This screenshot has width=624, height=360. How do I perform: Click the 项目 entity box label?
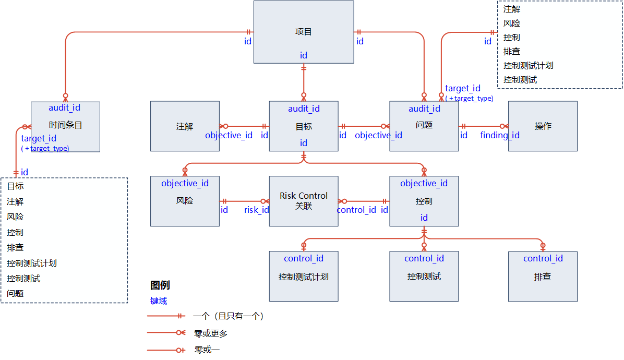pyautogui.click(x=303, y=32)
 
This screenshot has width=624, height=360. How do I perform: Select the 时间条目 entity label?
pyautogui.click(x=65, y=125)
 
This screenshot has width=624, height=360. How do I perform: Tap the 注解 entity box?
pyautogui.click(x=185, y=126)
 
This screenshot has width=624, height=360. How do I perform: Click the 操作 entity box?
pyautogui.click(x=543, y=126)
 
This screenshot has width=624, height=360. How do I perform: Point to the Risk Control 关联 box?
pyautogui.click(x=304, y=201)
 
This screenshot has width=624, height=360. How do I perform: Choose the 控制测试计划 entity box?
pyautogui.click(x=304, y=277)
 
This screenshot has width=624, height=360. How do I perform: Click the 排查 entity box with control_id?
pyautogui.click(x=543, y=277)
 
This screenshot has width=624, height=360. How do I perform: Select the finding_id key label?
pyautogui.click(x=500, y=136)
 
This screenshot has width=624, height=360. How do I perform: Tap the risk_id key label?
pyautogui.click(x=257, y=210)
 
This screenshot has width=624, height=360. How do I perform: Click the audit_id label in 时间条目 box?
pyautogui.click(x=65, y=107)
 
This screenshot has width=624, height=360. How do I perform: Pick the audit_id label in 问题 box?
pyautogui.click(x=424, y=109)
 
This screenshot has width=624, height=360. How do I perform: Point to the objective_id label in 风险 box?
pyautogui.click(x=185, y=183)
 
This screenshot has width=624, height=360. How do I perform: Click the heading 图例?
pyautogui.click(x=160, y=285)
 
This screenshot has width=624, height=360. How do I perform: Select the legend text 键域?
pyautogui.click(x=159, y=301)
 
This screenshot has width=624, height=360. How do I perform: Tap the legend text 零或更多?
pyautogui.click(x=211, y=333)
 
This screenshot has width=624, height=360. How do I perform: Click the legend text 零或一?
pyautogui.click(x=207, y=350)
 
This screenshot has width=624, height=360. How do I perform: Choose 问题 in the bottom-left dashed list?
pyautogui.click(x=16, y=293)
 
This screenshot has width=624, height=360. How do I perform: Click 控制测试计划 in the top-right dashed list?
pyautogui.click(x=528, y=66)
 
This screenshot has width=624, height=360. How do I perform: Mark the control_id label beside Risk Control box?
pyautogui.click(x=356, y=210)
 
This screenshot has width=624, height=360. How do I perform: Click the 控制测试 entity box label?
pyautogui.click(x=424, y=277)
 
